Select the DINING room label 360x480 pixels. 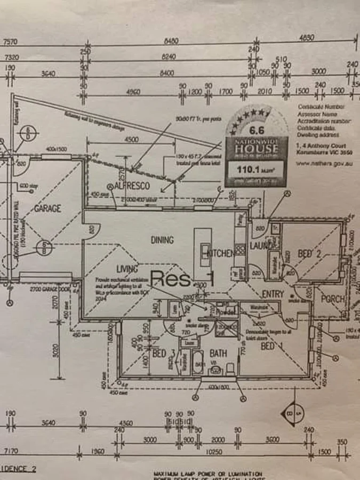pyautogui.click(x=162, y=240)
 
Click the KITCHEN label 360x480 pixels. pyautogui.click(x=221, y=253)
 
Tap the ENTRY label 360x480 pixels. pyautogui.click(x=273, y=294)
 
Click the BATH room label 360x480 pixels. pyautogui.click(x=218, y=353)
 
